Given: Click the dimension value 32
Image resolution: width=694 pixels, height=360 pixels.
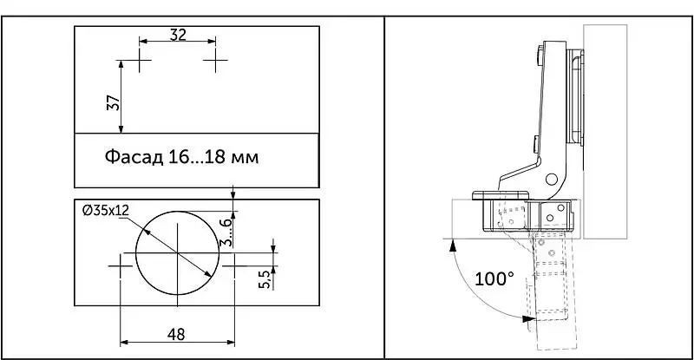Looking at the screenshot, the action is [178, 35].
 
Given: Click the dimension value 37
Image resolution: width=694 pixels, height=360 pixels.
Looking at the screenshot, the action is [115, 102].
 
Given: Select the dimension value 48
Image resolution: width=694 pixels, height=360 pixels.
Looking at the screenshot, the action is [176, 334].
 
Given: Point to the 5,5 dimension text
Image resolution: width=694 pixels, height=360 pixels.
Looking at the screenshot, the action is [265, 279].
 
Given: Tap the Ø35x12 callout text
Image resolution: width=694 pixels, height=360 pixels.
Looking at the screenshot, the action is [105, 211].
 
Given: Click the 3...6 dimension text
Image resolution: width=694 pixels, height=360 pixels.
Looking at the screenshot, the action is [226, 232].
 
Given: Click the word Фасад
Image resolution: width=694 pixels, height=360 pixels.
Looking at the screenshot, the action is [134, 157].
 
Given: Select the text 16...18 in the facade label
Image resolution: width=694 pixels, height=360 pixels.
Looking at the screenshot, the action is [195, 157].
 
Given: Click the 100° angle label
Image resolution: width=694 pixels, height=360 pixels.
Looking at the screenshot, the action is [494, 279].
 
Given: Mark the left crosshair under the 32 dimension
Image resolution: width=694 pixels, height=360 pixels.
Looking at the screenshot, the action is [140, 60].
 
